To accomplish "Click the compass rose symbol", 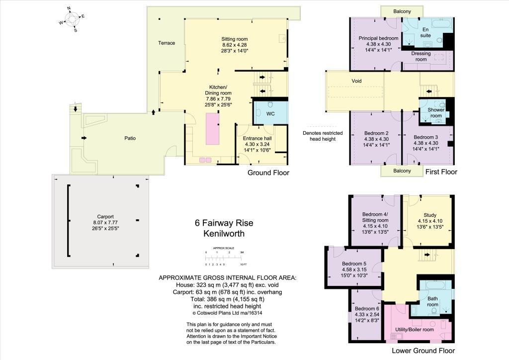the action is (72, 19).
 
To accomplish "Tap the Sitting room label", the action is (235, 39).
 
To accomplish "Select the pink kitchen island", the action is (213, 129).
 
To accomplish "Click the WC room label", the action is (270, 113).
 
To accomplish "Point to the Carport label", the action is (105, 216).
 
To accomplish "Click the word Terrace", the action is (167, 43).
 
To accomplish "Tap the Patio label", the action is (130, 138).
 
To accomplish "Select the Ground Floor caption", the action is (268, 173).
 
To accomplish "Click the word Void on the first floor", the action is (356, 81).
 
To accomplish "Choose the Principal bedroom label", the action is (378, 38).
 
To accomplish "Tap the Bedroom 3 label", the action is (426, 137).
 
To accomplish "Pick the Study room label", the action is (430, 215).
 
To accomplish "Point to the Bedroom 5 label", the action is (354, 264).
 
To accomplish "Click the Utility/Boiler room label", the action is (415, 330).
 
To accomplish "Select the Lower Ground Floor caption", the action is (424, 351).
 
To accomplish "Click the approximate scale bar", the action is (224, 258).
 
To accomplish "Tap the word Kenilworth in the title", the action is (224, 233).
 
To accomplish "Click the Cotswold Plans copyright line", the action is (227, 313).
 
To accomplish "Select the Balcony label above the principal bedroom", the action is (402, 11).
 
